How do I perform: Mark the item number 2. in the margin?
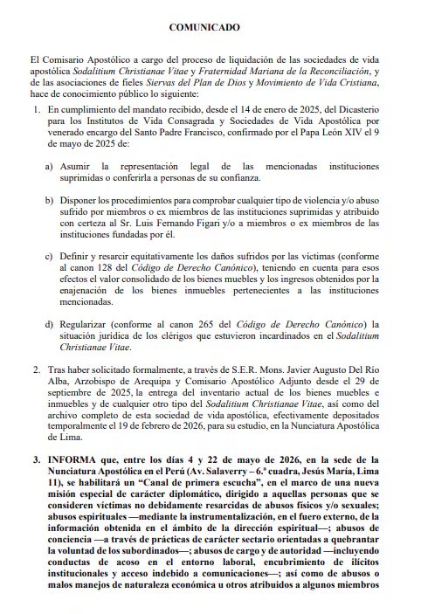click(36, 370)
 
